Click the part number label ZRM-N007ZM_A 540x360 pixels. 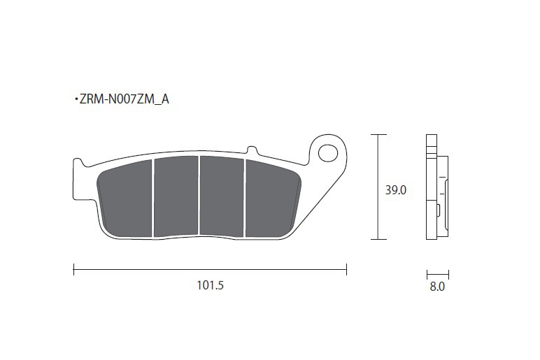pos(124,99)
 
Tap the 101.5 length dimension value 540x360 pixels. pos(210,285)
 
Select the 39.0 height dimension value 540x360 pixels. pos(396,190)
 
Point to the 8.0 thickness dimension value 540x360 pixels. pos(437,287)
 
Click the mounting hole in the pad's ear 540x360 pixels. pos(328,153)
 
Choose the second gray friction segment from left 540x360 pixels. pos(176,197)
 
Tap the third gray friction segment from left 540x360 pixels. pos(222,196)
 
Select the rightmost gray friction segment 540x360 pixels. pos(273,199)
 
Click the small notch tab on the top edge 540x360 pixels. pos(253,150)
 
